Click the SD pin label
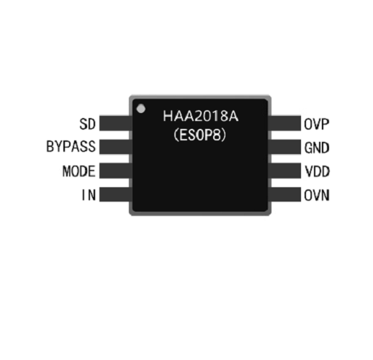point(87,124)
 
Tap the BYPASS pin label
point(71,146)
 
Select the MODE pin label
point(79,171)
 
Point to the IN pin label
point(89,194)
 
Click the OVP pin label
point(316,124)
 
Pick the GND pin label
point(317,148)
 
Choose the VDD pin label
point(317,171)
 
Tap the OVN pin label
point(317,195)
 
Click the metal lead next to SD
point(116,123)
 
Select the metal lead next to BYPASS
point(116,147)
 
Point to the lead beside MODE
point(116,171)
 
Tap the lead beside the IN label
point(116,194)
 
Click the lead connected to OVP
point(284,123)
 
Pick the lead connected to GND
point(284,147)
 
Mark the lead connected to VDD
point(284,171)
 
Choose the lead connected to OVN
point(284,194)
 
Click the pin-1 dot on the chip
point(141,109)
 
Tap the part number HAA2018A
point(201,116)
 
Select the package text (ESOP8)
point(199,135)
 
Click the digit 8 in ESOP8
point(217,135)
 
